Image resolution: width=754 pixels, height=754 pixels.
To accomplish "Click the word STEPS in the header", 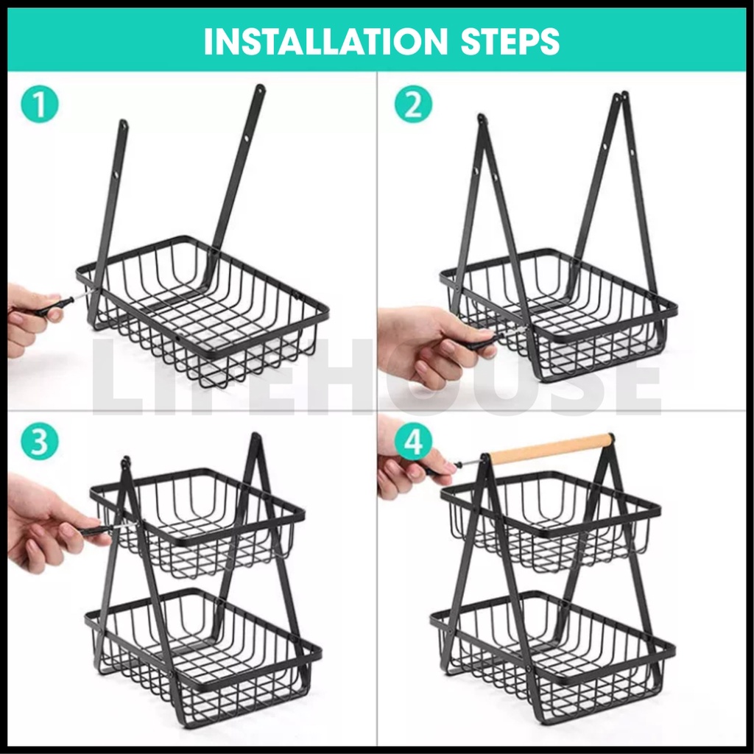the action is [x=510, y=42].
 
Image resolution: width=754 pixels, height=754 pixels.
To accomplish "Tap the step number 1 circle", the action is [x=40, y=105].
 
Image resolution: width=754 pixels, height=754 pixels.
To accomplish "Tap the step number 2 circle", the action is [x=413, y=105].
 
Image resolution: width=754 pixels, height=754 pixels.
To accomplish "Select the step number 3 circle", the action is [x=40, y=441].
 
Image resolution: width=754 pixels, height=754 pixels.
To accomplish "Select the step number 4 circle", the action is [x=413, y=441].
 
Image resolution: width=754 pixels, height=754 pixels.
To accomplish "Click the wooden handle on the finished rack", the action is [x=551, y=449].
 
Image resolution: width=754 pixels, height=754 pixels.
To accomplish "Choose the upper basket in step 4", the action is [x=551, y=522].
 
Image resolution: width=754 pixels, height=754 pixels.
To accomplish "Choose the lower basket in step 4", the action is [x=553, y=659].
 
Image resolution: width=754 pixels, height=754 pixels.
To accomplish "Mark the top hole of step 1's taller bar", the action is [x=260, y=89].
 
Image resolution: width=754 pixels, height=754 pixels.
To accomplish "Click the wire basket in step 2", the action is [x=559, y=315].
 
